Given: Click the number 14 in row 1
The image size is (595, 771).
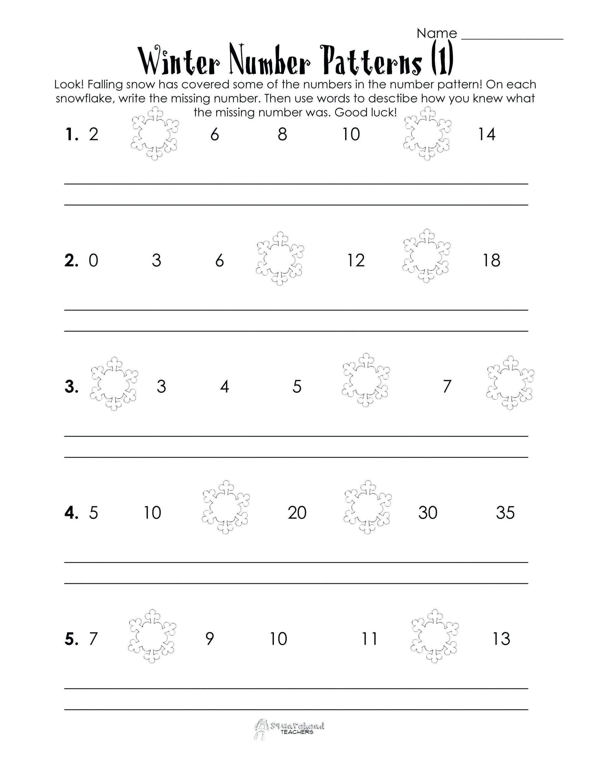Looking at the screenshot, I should click(x=486, y=135).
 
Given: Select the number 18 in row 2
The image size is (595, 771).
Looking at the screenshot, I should click(x=491, y=261).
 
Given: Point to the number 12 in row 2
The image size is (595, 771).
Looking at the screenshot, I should click(x=356, y=261).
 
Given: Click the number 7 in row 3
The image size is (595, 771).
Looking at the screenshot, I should click(x=447, y=387).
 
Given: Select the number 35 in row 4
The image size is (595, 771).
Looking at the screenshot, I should click(x=505, y=513).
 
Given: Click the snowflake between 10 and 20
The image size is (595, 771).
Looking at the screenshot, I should click(x=226, y=507).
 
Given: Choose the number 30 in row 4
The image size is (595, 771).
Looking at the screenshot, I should click(x=427, y=513).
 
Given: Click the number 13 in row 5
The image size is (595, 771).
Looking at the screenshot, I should click(x=501, y=638).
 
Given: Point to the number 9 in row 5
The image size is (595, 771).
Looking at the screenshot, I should click(x=209, y=638).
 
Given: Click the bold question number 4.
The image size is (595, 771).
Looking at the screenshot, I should click(x=71, y=513).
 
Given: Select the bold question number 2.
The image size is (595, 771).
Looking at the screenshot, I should click(x=71, y=261).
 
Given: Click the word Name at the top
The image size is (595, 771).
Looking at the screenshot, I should click(x=437, y=33).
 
